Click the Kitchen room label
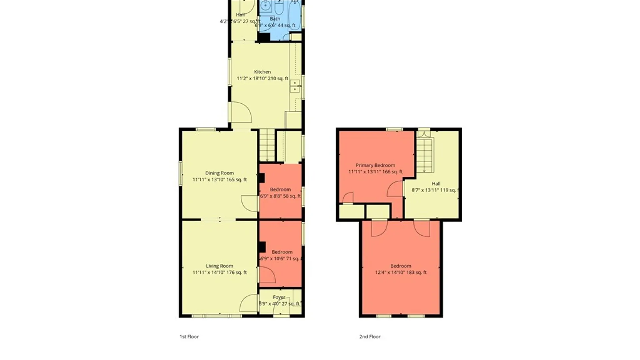tap(262, 72)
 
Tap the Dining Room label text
tap(219, 173)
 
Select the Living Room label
tap(219, 266)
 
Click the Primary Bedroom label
tap(375, 165)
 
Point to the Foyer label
tap(279, 297)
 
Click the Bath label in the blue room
tap(275, 19)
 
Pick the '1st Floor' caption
tap(189, 336)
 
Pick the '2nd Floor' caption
tap(370, 336)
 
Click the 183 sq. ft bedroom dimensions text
tap(401, 272)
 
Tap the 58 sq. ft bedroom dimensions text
tap(280, 196)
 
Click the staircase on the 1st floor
tap(267, 145)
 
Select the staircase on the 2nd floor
tap(424, 155)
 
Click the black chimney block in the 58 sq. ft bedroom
tap(262, 178)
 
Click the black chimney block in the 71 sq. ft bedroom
tap(262, 247)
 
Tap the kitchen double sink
tap(295, 86)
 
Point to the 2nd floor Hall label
tap(436, 184)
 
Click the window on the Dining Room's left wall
tap(180, 173)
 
